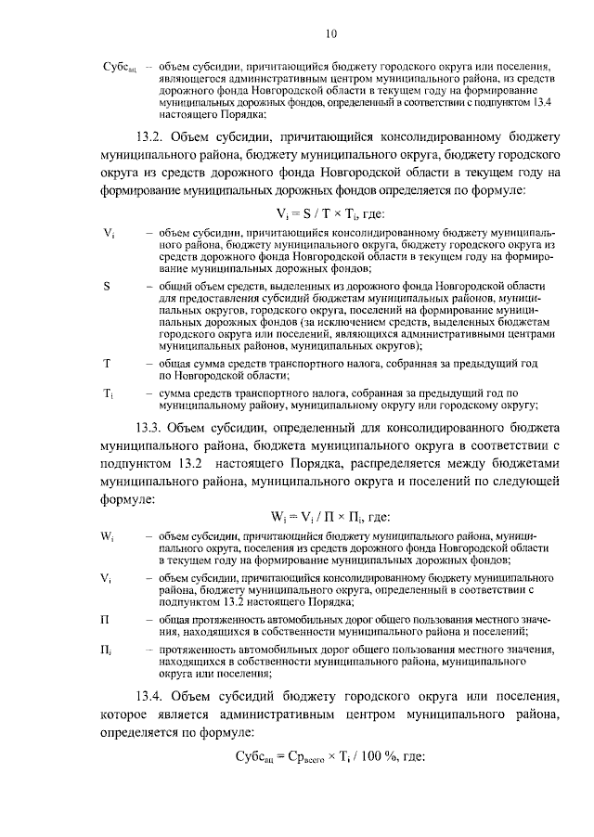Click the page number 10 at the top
(x=331, y=34)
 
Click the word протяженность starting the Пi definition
(x=198, y=651)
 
